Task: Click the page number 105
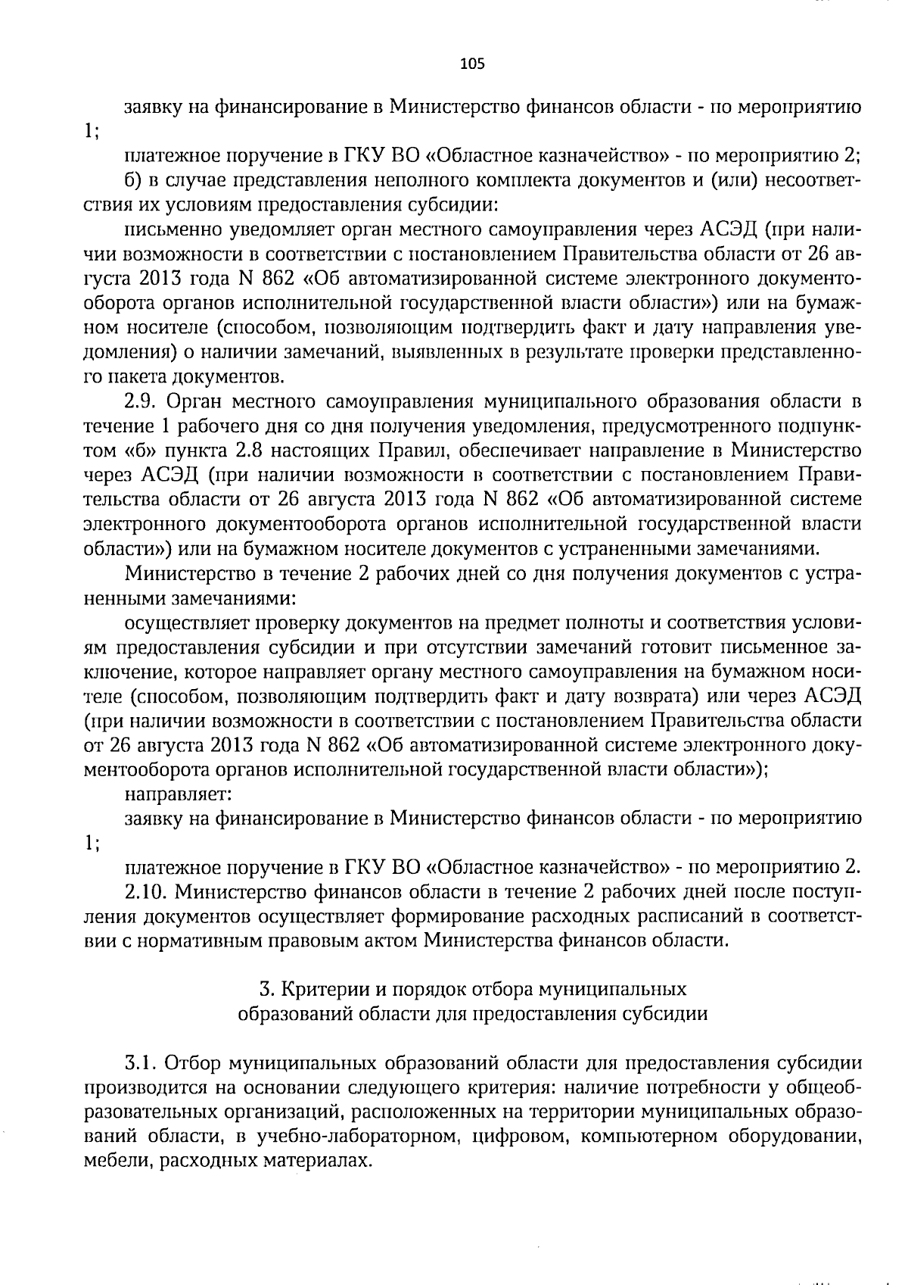click(471, 64)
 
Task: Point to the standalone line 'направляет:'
click(178, 794)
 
